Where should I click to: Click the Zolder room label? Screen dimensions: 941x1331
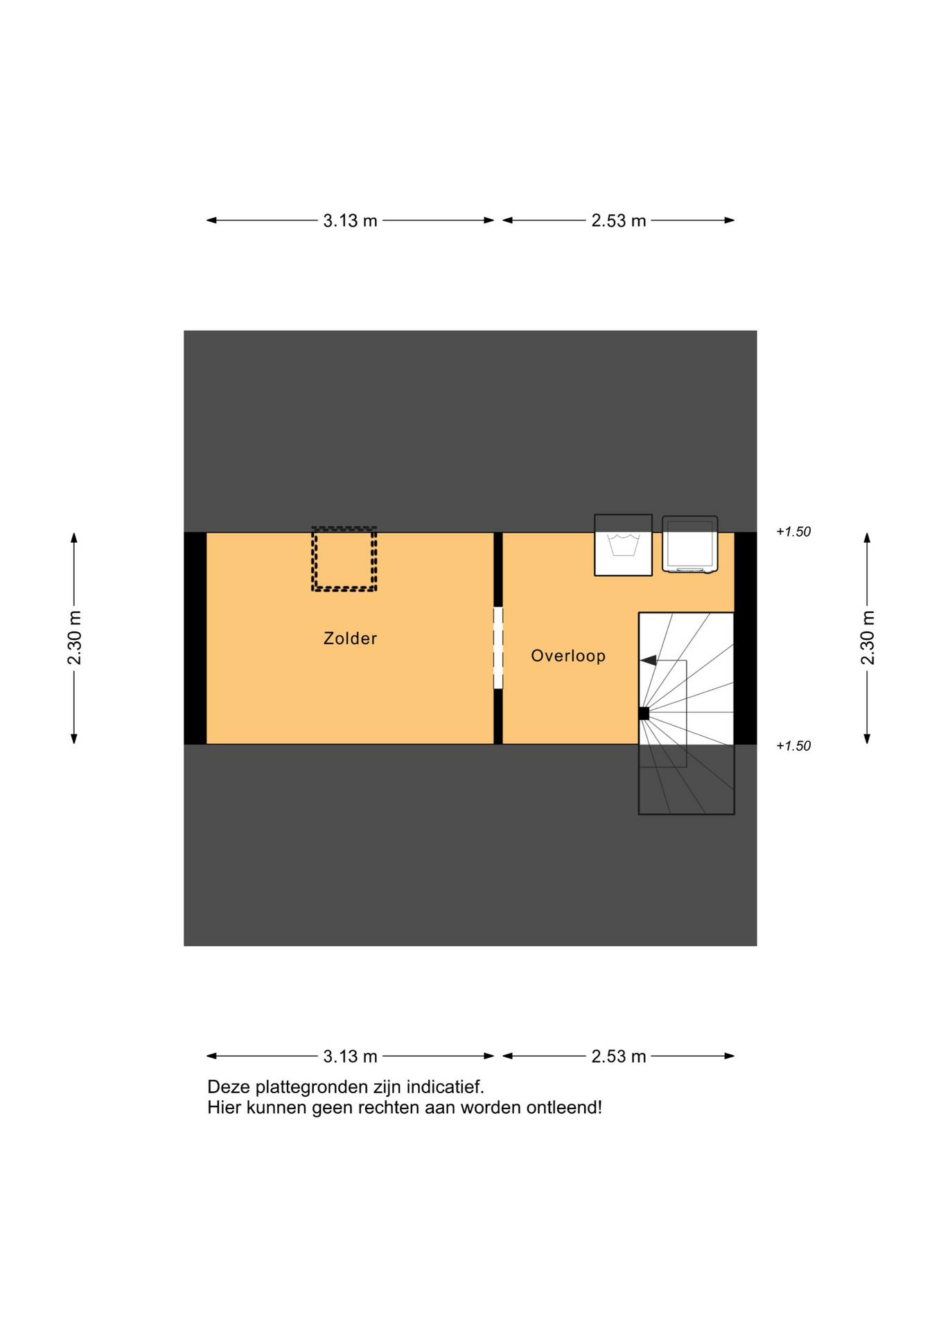point(350,638)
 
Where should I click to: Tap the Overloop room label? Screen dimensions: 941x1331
point(568,656)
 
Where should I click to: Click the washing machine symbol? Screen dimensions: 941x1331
point(623,545)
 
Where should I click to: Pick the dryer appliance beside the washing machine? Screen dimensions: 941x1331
point(689,544)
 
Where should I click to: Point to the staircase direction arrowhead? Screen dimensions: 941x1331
point(648,661)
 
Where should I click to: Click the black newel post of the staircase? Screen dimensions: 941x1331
point(644,713)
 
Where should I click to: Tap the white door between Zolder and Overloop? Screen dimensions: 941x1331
point(498,648)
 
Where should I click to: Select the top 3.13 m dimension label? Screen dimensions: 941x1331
point(350,220)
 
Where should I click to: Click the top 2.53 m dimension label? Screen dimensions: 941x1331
point(618,220)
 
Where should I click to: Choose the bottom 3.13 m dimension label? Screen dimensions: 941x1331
point(350,1056)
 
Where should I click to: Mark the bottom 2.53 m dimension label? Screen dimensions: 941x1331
point(618,1056)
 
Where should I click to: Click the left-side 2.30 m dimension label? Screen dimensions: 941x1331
point(74,638)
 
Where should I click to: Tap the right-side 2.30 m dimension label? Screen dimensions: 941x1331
point(868,638)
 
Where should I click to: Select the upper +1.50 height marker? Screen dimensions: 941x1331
point(793,532)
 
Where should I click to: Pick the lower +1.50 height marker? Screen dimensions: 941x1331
point(793,746)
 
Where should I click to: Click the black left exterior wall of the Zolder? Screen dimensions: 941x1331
point(195,638)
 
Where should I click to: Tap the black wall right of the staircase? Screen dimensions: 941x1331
point(746,638)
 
